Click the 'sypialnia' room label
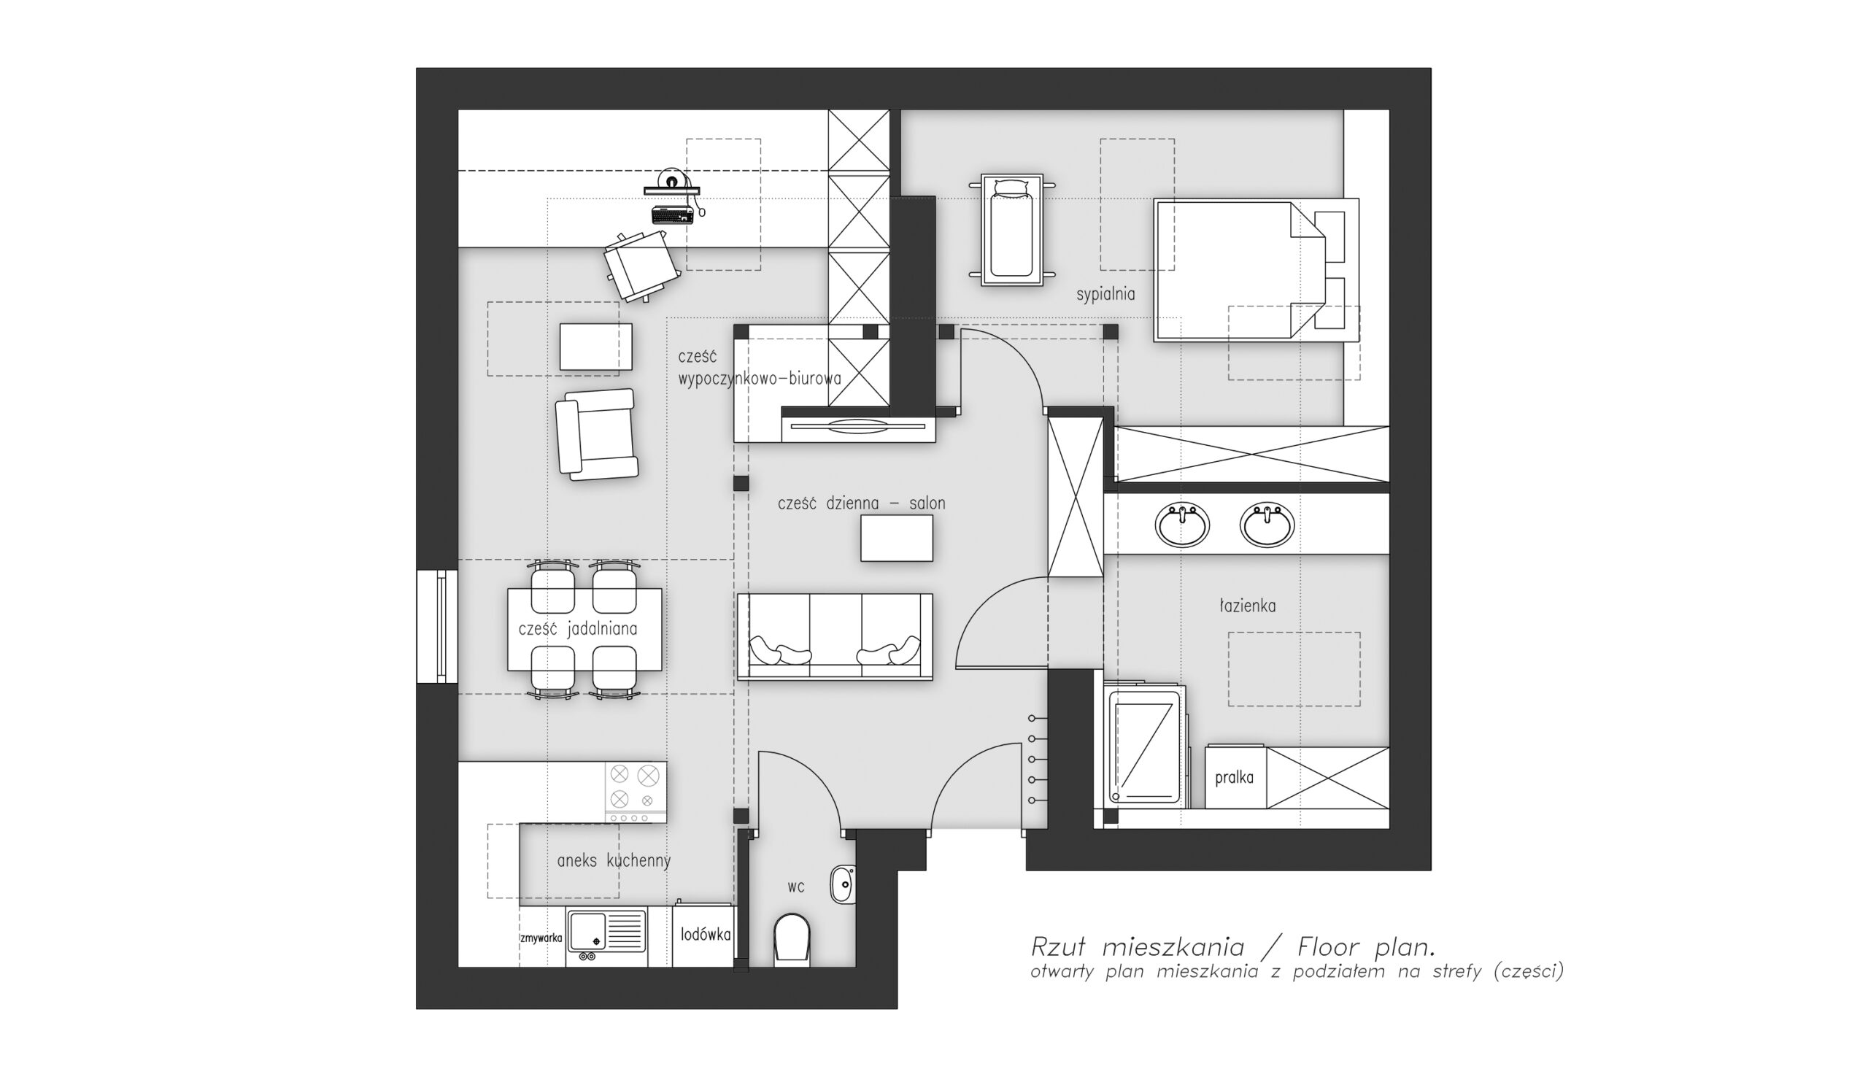1105,294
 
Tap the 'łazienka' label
1248,606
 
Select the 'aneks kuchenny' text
614,861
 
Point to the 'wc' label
795,887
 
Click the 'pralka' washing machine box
1234,777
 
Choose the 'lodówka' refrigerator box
705,935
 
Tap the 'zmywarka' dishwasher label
541,938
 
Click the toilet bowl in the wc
791,939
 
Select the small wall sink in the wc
843,883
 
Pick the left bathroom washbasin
1182,525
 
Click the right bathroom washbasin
1267,525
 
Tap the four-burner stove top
636,792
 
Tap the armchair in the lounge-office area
597,434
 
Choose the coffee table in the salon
896,538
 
